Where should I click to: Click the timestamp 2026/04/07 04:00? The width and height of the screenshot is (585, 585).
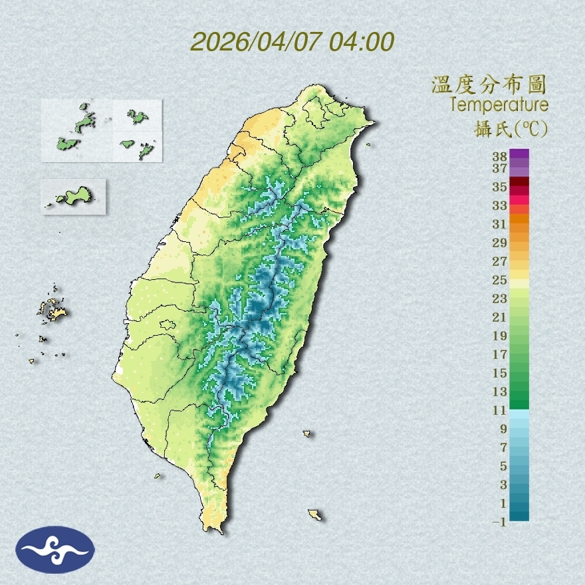[292, 41]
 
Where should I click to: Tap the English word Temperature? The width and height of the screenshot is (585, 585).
[499, 105]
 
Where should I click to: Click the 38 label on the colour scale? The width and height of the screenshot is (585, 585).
[500, 157]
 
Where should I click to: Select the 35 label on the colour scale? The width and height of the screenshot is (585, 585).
[500, 187]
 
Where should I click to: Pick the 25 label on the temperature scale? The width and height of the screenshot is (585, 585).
[500, 280]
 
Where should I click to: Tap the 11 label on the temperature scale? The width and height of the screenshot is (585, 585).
[500, 411]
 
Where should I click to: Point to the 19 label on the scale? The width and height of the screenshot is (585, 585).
[500, 336]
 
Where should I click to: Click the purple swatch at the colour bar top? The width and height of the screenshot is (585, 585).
[520, 154]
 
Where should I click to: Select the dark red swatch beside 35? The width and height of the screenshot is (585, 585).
[520, 182]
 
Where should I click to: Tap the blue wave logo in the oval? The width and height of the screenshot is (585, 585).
[55, 550]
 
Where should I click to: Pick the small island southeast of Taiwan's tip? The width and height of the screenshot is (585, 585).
[314, 515]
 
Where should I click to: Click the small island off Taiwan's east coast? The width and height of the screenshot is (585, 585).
[307, 434]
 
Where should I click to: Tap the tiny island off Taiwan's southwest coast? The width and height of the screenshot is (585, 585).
[158, 476]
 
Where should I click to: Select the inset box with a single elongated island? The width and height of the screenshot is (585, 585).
[73, 196]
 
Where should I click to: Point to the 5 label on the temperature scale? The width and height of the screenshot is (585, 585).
[503, 466]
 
